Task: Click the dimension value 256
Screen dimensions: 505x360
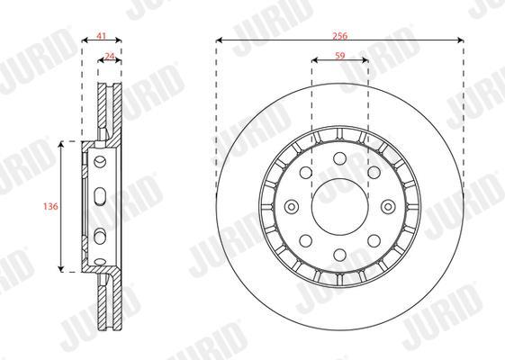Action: tap(339, 36)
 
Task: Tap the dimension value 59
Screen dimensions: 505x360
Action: tap(339, 56)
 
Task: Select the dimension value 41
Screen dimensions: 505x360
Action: tap(102, 36)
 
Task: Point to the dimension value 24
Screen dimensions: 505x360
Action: tap(110, 57)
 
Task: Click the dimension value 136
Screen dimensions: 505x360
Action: tap(50, 206)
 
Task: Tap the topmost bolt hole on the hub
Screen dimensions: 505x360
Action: tap(339, 158)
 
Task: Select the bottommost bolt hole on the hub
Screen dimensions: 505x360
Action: tap(339, 255)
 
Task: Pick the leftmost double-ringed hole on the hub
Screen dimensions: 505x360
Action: tap(292, 207)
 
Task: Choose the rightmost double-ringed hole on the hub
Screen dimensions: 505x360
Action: tap(388, 207)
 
